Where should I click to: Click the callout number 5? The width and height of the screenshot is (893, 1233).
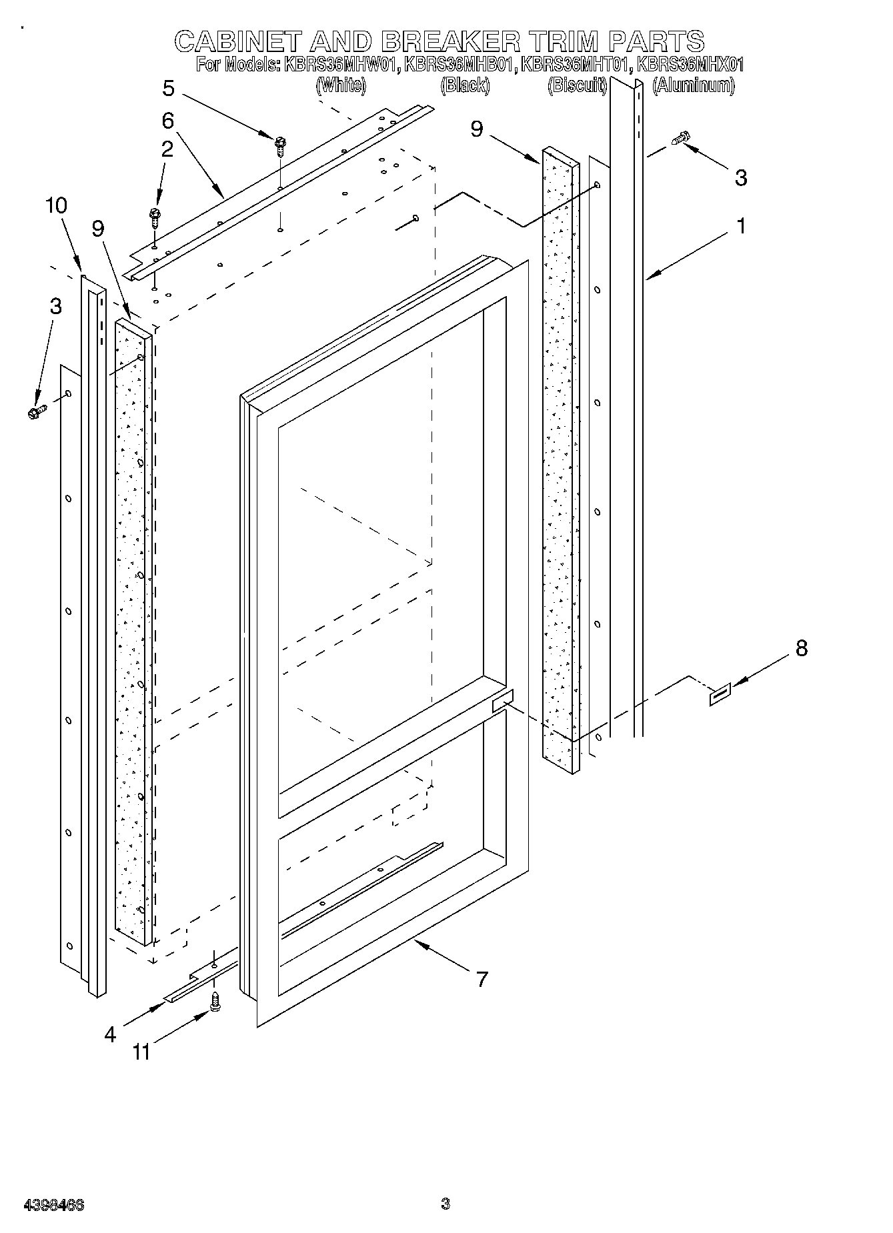pyautogui.click(x=168, y=88)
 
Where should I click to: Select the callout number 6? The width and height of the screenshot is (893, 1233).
pyautogui.click(x=167, y=121)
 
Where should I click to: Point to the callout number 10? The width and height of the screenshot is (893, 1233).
pyautogui.click(x=57, y=205)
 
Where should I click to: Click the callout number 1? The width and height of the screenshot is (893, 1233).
pyautogui.click(x=741, y=226)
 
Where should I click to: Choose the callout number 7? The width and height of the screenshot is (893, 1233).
pyautogui.click(x=482, y=979)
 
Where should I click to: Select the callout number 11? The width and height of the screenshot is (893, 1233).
pyautogui.click(x=141, y=1052)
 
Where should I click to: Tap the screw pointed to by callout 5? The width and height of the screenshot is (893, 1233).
pyautogui.click(x=281, y=144)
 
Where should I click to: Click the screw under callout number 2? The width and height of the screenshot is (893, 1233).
pyautogui.click(x=156, y=216)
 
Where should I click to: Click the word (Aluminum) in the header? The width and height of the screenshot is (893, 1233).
pyautogui.click(x=694, y=85)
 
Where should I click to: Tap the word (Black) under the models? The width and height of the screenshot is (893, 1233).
pyautogui.click(x=465, y=85)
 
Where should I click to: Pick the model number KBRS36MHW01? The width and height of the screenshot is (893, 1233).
pyautogui.click(x=341, y=65)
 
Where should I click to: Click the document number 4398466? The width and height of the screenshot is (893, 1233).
pyautogui.click(x=54, y=1204)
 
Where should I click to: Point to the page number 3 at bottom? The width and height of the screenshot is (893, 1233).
pyautogui.click(x=445, y=1204)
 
